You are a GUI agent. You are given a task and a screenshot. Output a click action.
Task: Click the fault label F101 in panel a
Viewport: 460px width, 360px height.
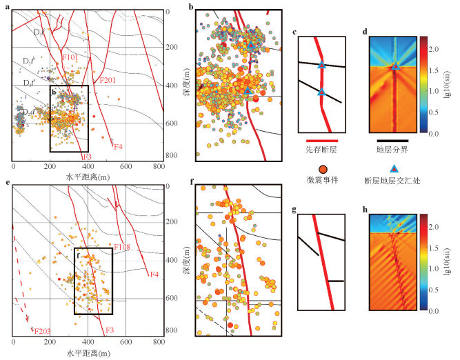pos(70,57)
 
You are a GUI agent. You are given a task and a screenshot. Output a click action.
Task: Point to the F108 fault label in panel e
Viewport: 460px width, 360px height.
pos(123,247)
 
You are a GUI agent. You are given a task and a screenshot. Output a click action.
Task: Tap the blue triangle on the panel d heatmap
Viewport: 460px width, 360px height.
pos(394,67)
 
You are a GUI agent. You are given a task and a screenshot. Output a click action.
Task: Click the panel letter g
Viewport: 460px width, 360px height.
pos(294,210)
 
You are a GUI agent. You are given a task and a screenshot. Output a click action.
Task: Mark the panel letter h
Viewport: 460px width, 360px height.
pos(365,209)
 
